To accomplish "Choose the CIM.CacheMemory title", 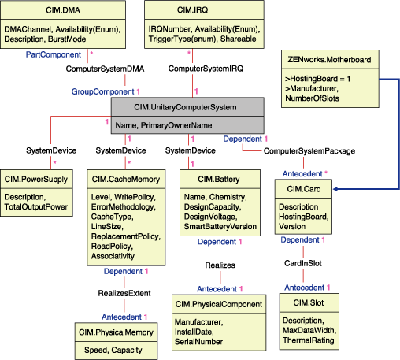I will coord(126,180).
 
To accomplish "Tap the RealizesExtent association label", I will coord(125,294).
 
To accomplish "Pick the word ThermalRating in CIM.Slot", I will coord(309,341).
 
